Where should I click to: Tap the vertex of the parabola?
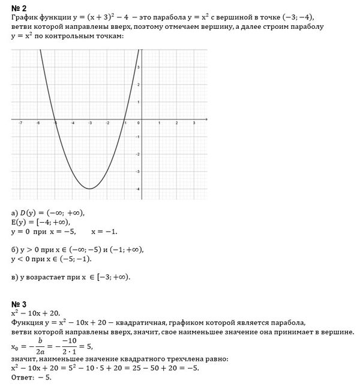pyautogui.click(x=89, y=188)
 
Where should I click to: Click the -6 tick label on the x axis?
pyautogui.click(x=37, y=122)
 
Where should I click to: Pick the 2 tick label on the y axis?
pyautogui.click(x=138, y=85)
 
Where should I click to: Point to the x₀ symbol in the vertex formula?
pyautogui.click(x=15, y=346)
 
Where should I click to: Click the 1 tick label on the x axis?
pyautogui.click(x=158, y=122)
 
